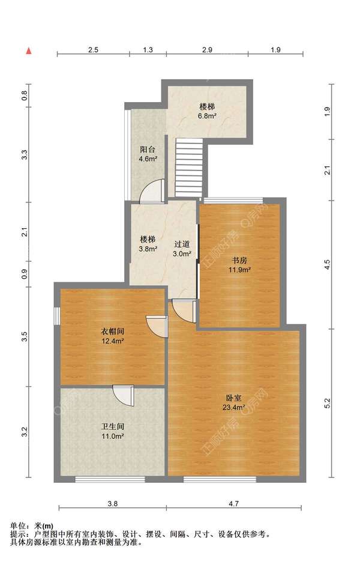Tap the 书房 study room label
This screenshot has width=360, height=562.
coord(239,260)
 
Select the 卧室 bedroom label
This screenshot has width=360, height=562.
coord(233,398)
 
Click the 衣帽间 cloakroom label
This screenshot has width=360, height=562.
coord(112,331)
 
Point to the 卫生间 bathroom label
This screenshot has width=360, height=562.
coord(112,426)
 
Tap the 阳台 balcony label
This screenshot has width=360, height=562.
coord(148,149)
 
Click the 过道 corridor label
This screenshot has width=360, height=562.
coord(182,244)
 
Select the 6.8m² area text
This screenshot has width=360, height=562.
coord(207,116)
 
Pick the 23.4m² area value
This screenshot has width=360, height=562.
coord(233,408)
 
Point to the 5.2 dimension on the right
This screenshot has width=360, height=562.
coord(328,403)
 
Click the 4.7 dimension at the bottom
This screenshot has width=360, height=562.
coord(233,504)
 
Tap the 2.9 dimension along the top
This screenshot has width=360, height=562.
coord(207,50)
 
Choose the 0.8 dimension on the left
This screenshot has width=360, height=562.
coord(25,95)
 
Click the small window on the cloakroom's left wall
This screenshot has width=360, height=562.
coord(57,316)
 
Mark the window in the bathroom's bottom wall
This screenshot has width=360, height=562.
coord(110,479)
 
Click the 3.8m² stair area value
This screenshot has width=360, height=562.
coord(148,249)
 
